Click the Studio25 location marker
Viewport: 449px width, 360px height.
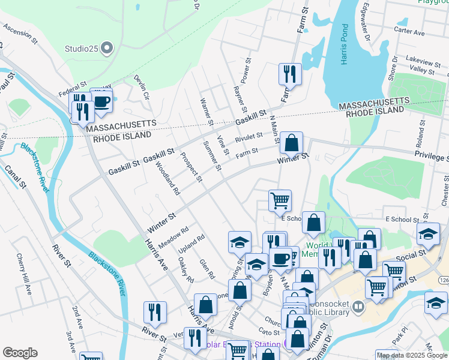[x=107, y=47]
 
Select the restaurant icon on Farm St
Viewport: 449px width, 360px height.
[x=290, y=74]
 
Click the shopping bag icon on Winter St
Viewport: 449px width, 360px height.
[x=291, y=143]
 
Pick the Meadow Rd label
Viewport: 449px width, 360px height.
[x=174, y=234]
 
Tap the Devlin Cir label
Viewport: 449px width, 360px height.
[x=141, y=87]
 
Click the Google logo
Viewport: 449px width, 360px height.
[x=20, y=353]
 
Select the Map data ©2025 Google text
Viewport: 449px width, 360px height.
[x=412, y=355]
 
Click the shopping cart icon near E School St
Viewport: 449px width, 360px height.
[x=280, y=200]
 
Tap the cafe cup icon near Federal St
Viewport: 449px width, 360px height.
[x=101, y=100]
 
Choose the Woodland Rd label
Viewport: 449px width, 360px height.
[x=168, y=179]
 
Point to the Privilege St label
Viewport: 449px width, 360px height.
[x=431, y=156]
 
